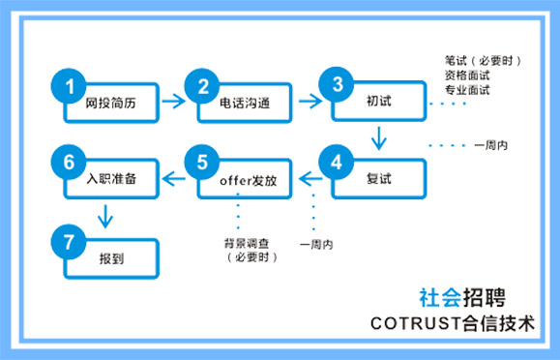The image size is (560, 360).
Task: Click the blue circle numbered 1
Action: [70, 86]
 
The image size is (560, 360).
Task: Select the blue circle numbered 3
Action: [338, 85]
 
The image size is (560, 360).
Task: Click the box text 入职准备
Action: [106, 180]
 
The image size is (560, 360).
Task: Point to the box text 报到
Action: [106, 259]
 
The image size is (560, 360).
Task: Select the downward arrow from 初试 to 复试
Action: [378, 141]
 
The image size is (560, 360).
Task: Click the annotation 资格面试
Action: [468, 75]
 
